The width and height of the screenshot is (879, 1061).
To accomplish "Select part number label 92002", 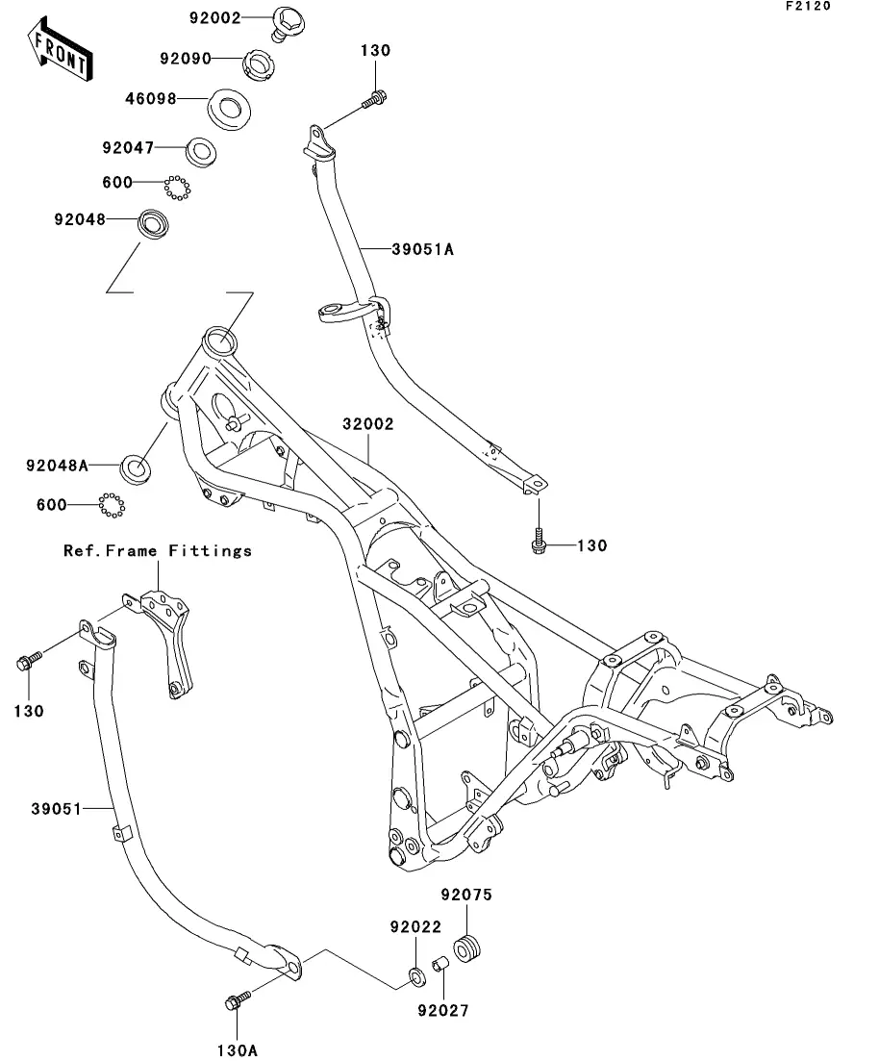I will pos(213,17).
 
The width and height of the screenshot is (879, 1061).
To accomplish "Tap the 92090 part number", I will pos(186,58).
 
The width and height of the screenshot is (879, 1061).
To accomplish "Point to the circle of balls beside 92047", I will pos(174,188).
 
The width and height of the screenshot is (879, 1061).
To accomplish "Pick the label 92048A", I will pos(57,466).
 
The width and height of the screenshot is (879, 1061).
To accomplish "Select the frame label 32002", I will pos(365,423).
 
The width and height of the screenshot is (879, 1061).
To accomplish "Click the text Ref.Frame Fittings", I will pos(158,551).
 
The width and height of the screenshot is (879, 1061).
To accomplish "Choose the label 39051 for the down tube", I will pos(57,809).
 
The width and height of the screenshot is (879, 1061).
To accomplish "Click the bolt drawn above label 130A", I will pos(236,1001).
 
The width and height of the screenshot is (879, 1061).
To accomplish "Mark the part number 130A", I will pos(238,1050).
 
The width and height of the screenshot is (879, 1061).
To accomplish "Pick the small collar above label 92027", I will pos(438,964).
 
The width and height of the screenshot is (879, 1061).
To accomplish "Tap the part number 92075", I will pos(466,896).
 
